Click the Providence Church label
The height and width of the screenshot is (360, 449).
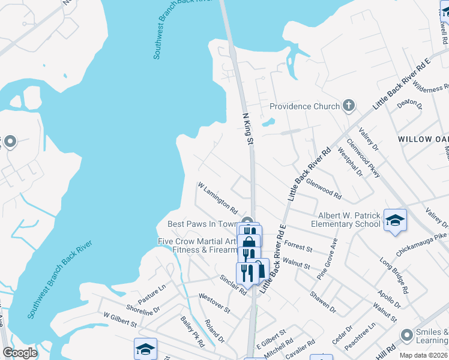pos(304,106)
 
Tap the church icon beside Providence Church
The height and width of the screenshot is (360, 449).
pos(348,106)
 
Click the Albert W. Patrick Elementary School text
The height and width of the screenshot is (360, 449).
pos(346,220)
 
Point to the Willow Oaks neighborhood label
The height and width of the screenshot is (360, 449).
pos(423,139)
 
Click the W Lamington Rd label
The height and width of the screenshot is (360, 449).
pos(217,200)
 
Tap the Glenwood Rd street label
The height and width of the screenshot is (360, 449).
pos(324,188)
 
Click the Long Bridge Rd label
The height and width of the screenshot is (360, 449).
pos(394,275)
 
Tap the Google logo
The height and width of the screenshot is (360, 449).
pos(20,353)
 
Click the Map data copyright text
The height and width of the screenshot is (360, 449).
pos(424,355)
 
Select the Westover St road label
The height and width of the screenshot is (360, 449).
pos(214,303)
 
